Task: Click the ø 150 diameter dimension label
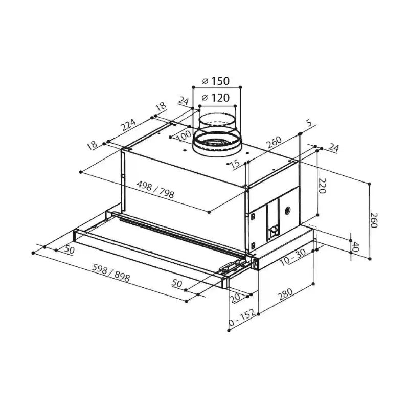pyautogui.click(x=216, y=81)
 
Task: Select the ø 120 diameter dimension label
pyautogui.click(x=216, y=98)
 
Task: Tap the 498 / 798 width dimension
pyautogui.click(x=155, y=190)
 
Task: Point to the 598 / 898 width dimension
pyautogui.click(x=111, y=272)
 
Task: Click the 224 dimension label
pyautogui.click(x=128, y=125)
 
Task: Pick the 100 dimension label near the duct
pyautogui.click(x=184, y=136)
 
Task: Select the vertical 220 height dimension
pyautogui.click(x=323, y=186)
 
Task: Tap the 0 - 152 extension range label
pyautogui.click(x=242, y=317)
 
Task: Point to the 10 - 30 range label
pyautogui.click(x=293, y=257)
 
